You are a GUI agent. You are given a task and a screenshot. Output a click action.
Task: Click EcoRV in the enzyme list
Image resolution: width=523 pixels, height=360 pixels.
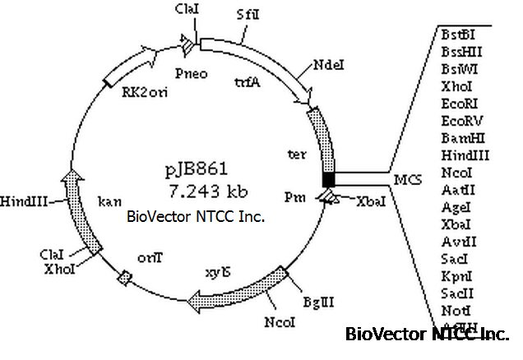[457, 119]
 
